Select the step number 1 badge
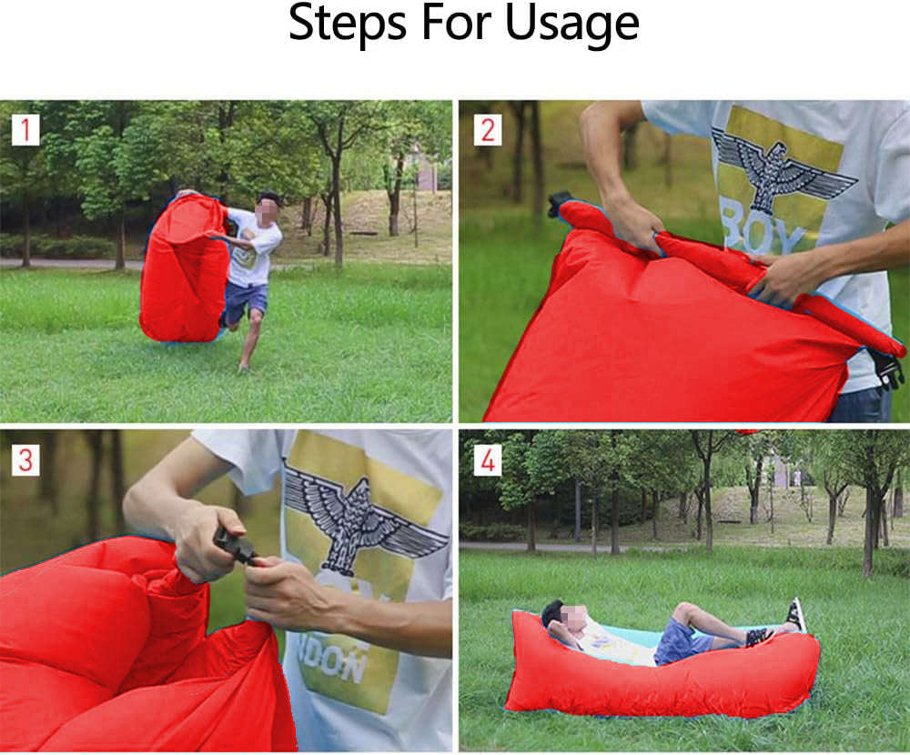[x=25, y=130]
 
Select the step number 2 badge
[x=487, y=130]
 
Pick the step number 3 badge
[x=25, y=459]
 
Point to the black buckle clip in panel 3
[x=235, y=546]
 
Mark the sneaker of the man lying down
[x=796, y=614]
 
